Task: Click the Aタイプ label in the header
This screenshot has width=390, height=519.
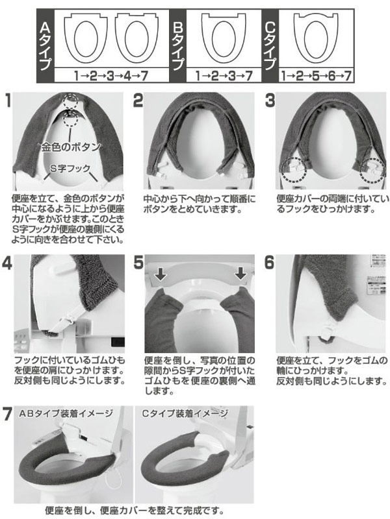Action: coord(45,46)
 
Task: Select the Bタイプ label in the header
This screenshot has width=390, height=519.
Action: coord(177,46)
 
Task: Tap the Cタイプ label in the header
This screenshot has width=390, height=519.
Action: coord(270,46)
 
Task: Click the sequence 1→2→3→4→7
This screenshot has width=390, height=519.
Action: coord(111,76)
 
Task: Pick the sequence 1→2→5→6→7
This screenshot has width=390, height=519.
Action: coord(316,76)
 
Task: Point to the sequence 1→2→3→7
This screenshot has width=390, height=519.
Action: coord(224,76)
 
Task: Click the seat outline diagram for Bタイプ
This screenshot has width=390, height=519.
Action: coord(224,39)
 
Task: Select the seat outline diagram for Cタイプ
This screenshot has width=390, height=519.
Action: coord(316,39)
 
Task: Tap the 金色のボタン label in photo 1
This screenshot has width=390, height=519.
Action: coord(71,147)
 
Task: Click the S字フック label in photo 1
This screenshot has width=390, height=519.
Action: coord(70,169)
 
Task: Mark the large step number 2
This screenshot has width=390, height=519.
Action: coord(138,100)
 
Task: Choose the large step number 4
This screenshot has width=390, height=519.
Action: coord(7,263)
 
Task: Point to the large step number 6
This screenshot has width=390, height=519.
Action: coord(269,263)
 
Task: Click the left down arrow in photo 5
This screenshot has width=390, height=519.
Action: coord(161,274)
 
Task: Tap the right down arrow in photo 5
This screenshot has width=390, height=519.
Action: coord(240,273)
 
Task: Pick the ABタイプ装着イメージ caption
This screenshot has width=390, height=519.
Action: coord(66,413)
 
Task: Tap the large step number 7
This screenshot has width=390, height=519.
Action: coord(7,415)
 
